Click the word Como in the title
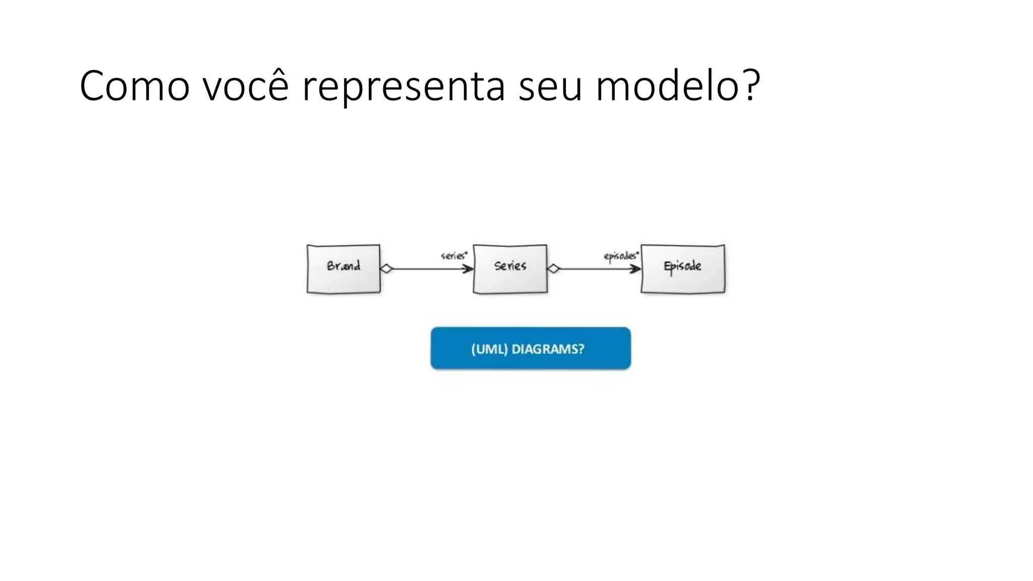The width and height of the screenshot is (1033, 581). pos(134,86)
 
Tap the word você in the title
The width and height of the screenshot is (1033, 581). pos(246,86)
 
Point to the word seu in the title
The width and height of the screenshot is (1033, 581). pos(550,87)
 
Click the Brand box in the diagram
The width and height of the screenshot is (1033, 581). pos(343,268)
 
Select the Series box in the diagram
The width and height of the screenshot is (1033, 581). pos(510,269)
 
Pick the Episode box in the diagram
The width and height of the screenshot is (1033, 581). pos(682,268)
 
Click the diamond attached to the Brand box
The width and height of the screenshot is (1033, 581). pos(386,269)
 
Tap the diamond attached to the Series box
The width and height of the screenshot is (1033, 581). pos(553,269)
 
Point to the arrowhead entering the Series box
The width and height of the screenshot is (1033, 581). pos(469,269)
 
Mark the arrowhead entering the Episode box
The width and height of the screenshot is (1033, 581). pos(636,269)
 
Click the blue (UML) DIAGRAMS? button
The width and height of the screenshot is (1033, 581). pos(530,348)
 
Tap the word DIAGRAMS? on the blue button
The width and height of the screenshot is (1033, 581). pos(548,349)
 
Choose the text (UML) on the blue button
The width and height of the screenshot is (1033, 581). pos(489,349)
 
